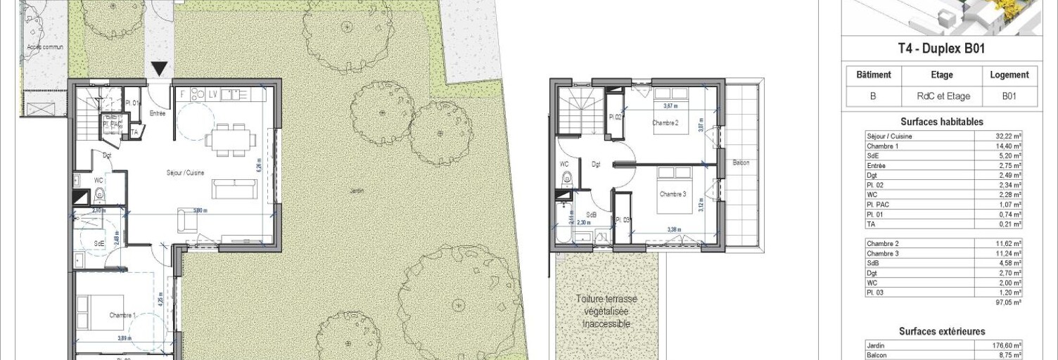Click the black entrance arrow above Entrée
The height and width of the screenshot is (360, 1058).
coord(160,68)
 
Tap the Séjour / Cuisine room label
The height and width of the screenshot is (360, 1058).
coord(186,173)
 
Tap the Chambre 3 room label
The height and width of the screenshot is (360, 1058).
coord(673,194)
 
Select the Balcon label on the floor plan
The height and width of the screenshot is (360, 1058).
coord(740,163)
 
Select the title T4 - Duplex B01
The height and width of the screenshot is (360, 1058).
coord(943,49)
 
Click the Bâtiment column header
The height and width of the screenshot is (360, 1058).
coord(874,75)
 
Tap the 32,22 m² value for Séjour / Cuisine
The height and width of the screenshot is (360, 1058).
coord(1007,136)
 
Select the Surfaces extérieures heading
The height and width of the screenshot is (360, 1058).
coord(943,331)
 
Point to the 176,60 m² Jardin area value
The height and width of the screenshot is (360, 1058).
coord(1007,346)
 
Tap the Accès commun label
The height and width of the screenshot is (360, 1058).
coord(44,47)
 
